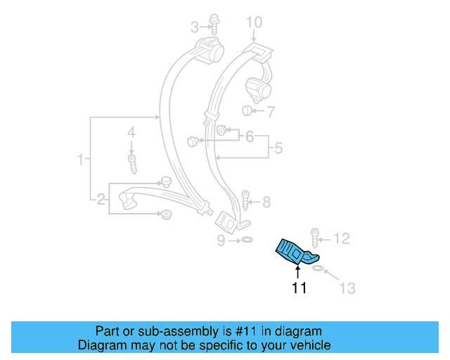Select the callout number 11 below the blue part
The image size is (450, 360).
point(300,288)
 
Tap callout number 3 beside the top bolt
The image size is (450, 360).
point(195,28)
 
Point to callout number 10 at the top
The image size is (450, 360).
point(252,22)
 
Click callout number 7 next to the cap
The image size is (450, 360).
point(270,111)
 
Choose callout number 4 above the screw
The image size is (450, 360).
point(131,131)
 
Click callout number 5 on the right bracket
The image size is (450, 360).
point(278,148)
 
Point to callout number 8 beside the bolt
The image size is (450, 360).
point(266,202)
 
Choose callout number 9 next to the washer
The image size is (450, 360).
point(221,241)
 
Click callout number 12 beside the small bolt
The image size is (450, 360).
point(341,239)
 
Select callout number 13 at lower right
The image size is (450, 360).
point(347,288)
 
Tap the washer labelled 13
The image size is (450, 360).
point(318,269)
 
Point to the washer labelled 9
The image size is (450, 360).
point(246,241)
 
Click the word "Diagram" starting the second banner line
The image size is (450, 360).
point(101,345)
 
